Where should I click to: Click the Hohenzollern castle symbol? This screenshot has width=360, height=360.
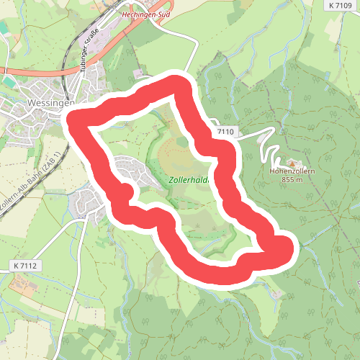[292, 163]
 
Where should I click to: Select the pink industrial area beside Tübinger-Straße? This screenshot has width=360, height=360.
[108, 43]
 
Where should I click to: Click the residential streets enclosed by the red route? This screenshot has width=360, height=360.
[130, 169]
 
